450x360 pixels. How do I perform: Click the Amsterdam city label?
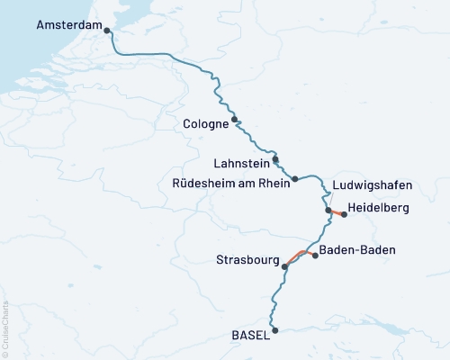tap(68, 27)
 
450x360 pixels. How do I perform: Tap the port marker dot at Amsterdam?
tap(108, 31)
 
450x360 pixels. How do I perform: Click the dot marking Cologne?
tap(235, 120)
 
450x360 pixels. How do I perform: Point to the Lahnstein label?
tap(240, 164)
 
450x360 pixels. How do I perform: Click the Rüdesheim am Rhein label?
tap(229, 184)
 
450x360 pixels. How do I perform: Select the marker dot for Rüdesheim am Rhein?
tap(294, 179)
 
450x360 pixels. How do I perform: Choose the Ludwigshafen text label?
tap(373, 185)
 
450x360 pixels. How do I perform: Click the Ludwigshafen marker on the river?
tap(328, 211)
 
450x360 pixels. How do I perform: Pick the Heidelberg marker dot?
tap(344, 215)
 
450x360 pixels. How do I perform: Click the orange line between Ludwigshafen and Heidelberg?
tap(337, 212)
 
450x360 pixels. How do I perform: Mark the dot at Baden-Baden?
tap(315, 256)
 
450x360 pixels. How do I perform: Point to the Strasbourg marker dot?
tap(284, 266)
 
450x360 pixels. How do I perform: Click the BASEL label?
tap(250, 335)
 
